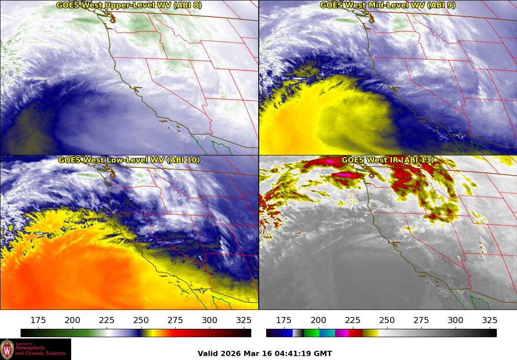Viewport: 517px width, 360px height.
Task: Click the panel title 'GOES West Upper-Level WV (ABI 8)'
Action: click(129, 5)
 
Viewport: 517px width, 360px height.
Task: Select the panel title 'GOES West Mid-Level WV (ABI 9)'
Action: click(387, 5)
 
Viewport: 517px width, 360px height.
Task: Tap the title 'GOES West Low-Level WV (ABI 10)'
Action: click(129, 160)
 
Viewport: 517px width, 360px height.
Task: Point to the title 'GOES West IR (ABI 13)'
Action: click(387, 160)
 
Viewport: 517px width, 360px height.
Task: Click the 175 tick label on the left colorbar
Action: click(38, 320)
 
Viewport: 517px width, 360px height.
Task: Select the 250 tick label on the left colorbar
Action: click(141, 320)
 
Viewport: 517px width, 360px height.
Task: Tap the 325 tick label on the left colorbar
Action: click(244, 320)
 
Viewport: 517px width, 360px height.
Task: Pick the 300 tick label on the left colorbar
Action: click(210, 320)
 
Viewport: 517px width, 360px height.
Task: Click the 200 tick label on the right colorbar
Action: click(318, 320)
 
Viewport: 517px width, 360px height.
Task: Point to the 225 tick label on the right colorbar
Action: click(352, 320)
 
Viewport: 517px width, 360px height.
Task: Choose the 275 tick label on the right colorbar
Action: click(421, 320)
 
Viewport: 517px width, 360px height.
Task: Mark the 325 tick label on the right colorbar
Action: click(489, 320)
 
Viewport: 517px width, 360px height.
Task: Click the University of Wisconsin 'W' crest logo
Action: click(7, 349)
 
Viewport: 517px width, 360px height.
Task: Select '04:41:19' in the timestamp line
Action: click(296, 353)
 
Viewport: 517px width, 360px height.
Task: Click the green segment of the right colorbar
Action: click(311, 333)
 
